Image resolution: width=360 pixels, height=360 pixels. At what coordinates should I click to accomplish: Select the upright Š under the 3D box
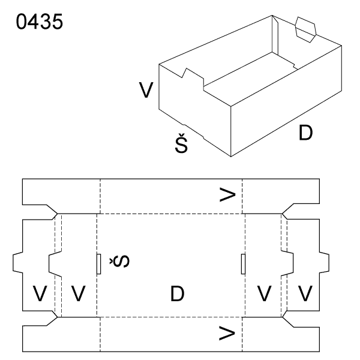182,143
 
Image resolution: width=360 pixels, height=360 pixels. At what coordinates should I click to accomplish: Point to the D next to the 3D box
306,133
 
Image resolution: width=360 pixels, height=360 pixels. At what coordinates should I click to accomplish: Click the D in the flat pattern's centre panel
177,294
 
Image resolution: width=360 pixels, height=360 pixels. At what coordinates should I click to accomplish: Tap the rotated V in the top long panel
227,194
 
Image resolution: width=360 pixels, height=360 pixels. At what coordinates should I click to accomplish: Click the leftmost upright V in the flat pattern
40,294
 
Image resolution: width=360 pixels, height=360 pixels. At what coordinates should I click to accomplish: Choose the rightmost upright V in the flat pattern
305,294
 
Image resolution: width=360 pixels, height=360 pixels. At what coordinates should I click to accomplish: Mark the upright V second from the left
79,294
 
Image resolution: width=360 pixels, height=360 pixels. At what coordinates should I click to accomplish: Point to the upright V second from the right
265,294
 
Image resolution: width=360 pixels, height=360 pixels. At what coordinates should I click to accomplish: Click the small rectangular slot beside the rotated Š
99,264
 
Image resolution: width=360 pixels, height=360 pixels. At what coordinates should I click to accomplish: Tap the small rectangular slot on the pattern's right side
243,264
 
